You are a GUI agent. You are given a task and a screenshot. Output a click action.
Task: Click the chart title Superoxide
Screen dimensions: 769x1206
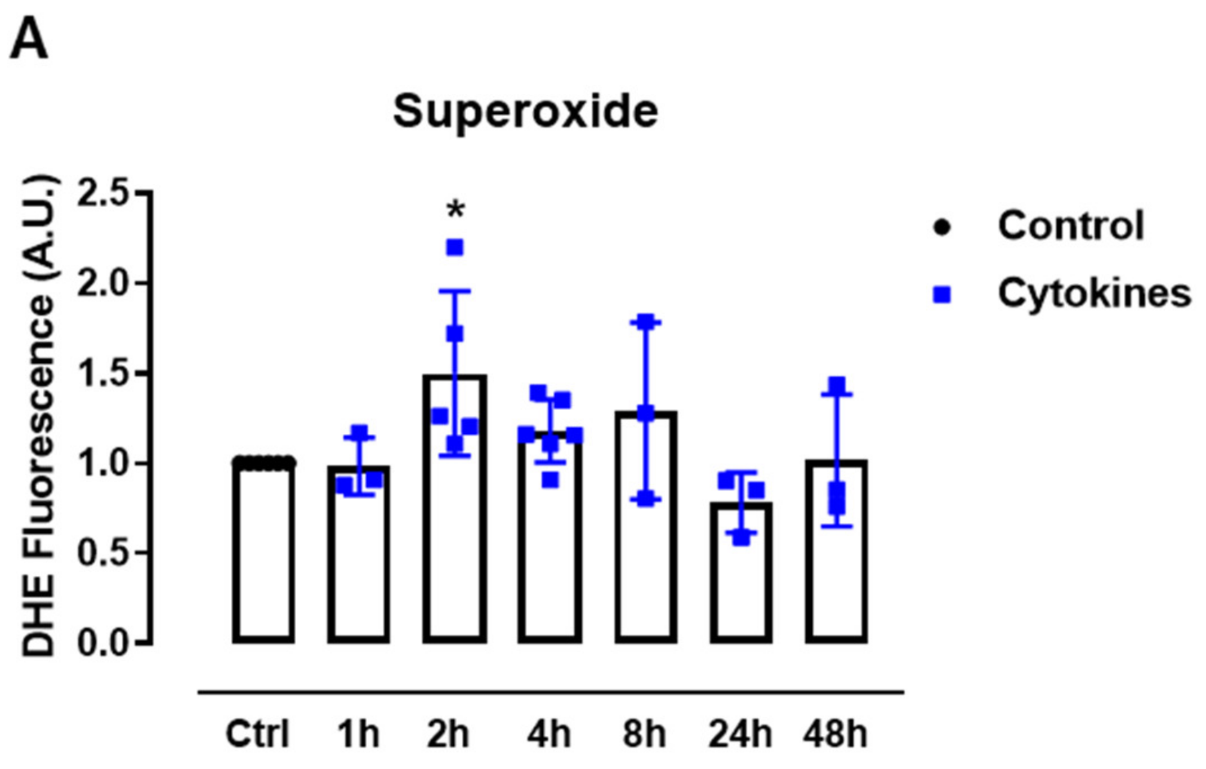click(x=525, y=112)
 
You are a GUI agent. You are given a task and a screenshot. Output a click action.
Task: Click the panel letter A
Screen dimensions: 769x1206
click(x=29, y=40)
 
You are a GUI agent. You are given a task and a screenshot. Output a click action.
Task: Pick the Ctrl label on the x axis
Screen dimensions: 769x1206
click(x=257, y=734)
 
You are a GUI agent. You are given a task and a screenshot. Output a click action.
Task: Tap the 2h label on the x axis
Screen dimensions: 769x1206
click(x=448, y=734)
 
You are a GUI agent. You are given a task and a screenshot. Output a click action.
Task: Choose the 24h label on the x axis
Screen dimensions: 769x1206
click(x=740, y=734)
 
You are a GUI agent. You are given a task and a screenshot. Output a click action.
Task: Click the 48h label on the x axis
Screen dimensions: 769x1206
click(x=836, y=734)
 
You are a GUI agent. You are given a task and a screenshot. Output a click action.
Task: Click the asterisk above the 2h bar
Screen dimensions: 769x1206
click(x=455, y=211)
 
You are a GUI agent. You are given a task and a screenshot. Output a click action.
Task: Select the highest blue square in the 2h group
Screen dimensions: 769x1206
click(x=455, y=247)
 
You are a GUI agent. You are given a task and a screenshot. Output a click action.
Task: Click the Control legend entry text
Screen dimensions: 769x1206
click(x=1070, y=226)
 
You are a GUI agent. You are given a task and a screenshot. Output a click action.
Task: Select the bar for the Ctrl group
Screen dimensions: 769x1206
click(x=263, y=552)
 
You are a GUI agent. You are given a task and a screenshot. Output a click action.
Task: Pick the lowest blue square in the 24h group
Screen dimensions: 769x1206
click(x=741, y=537)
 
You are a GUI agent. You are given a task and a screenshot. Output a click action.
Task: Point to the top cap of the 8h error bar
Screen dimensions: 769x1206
click(x=645, y=322)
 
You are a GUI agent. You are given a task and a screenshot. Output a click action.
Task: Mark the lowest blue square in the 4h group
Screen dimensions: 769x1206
click(x=550, y=481)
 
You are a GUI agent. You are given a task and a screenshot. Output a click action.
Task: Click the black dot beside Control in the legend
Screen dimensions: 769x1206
click(x=942, y=227)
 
